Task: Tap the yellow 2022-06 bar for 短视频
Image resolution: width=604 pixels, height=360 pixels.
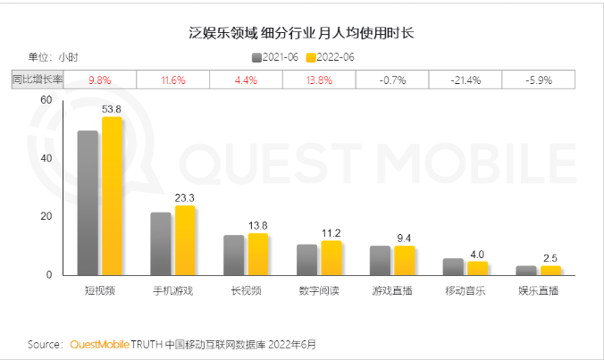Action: tap(112, 197)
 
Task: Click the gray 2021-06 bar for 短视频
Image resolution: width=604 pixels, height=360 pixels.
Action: tap(88, 204)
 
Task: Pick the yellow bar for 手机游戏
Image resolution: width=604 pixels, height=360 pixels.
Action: tap(185, 241)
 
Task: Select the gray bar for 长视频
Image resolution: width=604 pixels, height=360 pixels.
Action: tap(233, 255)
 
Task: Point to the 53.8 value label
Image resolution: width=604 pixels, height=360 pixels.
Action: tap(112, 109)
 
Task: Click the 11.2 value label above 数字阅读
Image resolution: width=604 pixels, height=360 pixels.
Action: tap(331, 233)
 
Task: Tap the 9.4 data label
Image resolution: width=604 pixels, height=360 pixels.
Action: tap(405, 239)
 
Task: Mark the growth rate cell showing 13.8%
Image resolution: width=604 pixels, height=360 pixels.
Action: tap(319, 80)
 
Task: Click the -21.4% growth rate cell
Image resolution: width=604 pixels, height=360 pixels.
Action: tap(466, 80)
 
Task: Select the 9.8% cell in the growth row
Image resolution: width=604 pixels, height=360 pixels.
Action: tap(99, 80)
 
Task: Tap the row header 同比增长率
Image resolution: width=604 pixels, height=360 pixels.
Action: tap(37, 80)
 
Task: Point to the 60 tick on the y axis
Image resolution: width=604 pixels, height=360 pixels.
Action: tap(46, 100)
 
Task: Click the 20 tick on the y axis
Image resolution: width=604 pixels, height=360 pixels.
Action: tap(46, 217)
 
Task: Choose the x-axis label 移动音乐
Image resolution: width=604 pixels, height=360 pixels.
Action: tap(466, 291)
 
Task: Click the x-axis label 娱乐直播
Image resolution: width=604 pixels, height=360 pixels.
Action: tap(539, 291)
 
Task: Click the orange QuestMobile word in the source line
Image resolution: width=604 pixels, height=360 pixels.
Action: tap(99, 344)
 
